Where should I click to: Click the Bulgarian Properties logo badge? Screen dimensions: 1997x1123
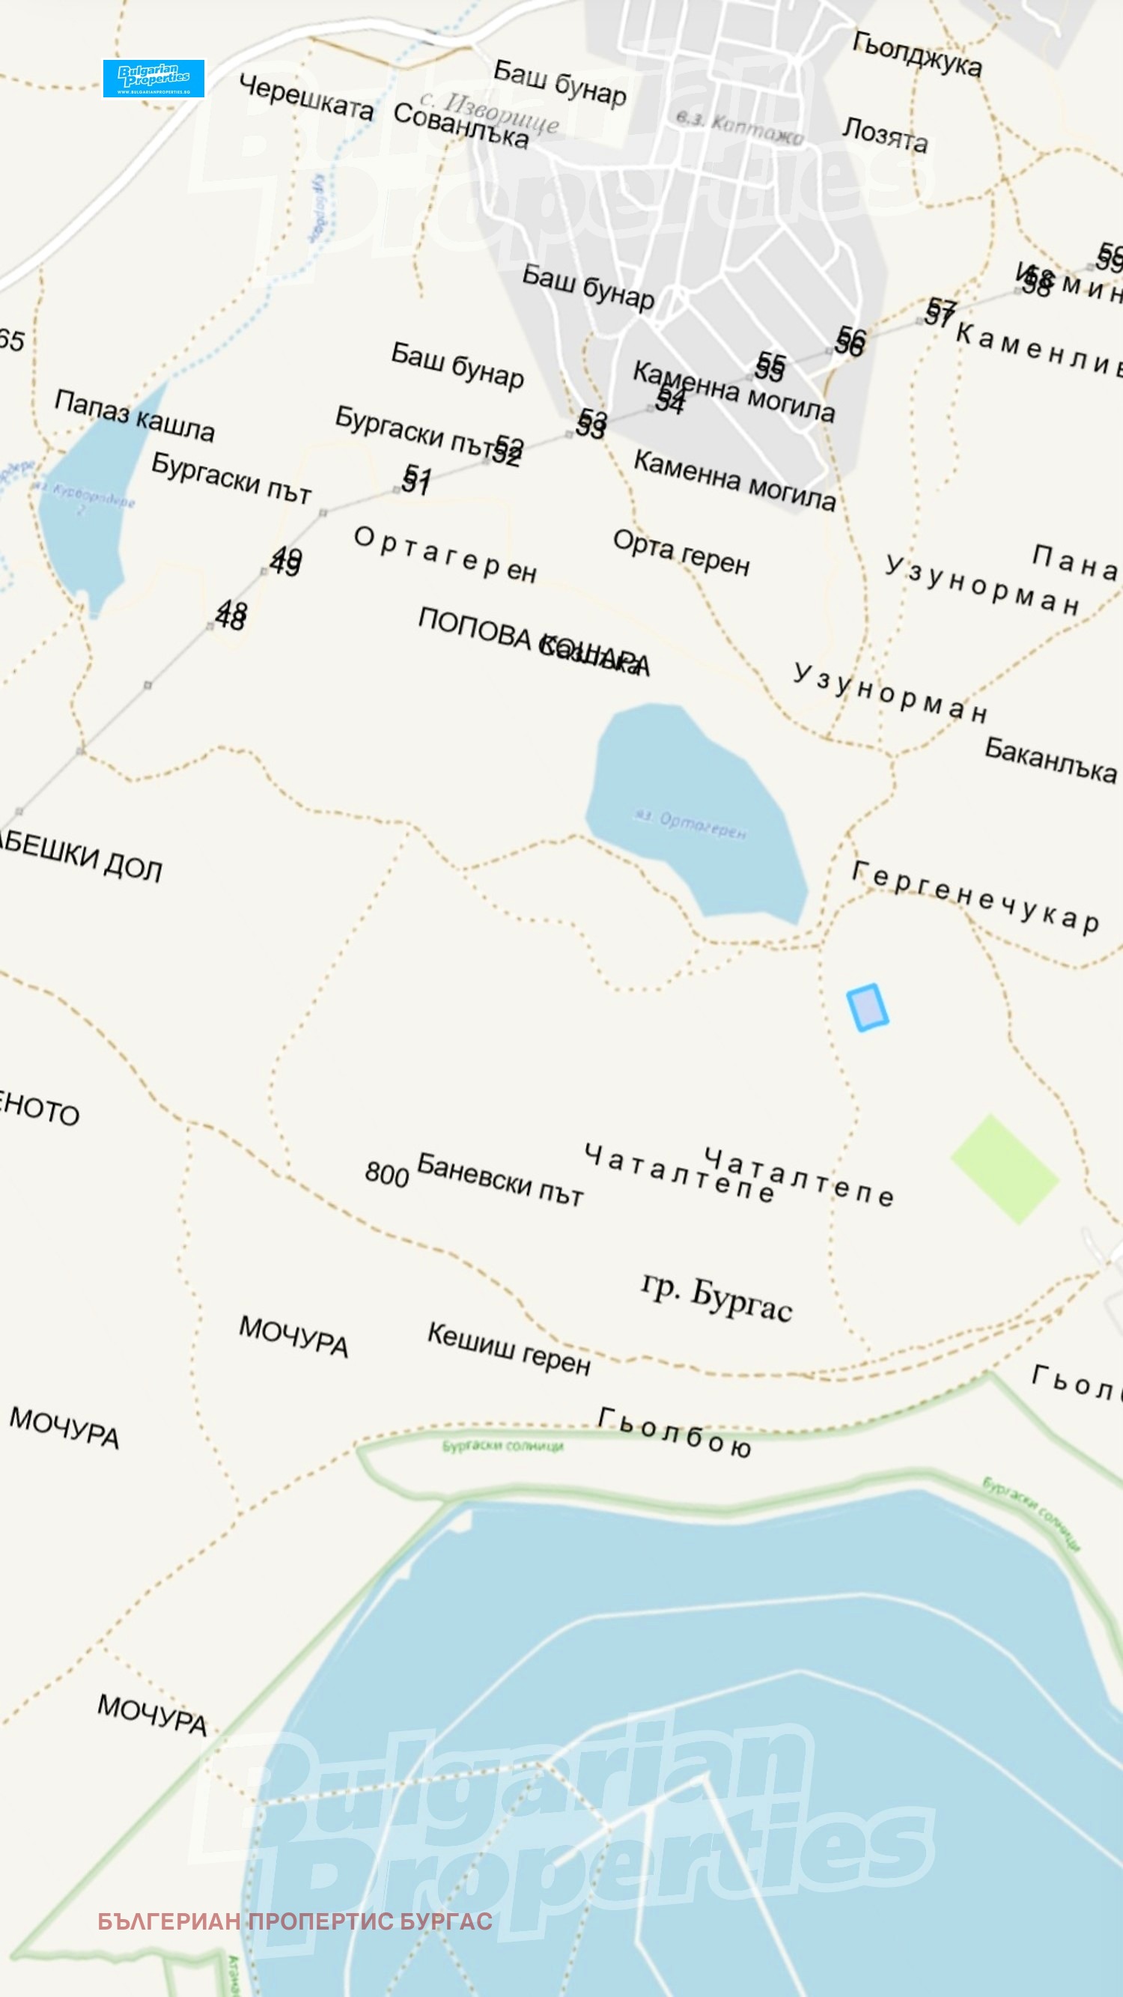tap(153, 79)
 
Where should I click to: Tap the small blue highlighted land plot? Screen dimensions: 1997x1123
tap(867, 1007)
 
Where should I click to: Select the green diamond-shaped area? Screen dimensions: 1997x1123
tap(1005, 1169)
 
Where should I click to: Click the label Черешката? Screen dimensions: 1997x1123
tap(306, 97)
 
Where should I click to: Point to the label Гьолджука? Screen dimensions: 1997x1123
tap(917, 53)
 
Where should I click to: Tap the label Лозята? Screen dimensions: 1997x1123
tap(885, 134)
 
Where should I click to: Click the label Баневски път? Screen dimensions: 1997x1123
tap(500, 1179)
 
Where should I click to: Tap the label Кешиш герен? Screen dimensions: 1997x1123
tap(509, 1348)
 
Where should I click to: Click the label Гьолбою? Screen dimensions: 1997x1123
tap(675, 1432)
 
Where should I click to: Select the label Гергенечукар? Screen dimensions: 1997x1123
tap(975, 897)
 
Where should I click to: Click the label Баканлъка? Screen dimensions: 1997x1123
tap(1050, 760)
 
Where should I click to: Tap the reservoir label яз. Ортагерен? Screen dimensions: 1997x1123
tap(690, 824)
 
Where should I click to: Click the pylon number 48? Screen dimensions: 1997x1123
tap(231, 615)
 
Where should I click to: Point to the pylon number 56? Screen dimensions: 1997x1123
tap(850, 342)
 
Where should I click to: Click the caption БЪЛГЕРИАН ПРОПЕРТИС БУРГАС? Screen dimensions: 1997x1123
tap(294, 1921)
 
